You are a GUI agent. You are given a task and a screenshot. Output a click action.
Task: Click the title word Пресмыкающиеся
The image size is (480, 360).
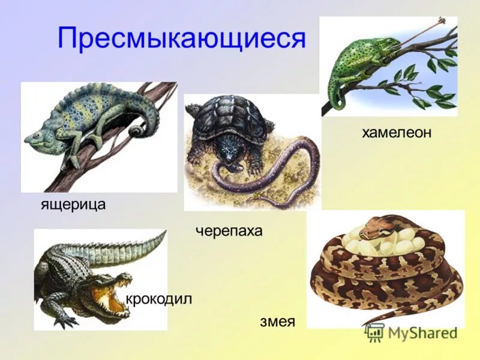(x=182, y=39)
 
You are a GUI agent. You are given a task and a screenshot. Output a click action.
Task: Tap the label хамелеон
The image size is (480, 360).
(x=397, y=133)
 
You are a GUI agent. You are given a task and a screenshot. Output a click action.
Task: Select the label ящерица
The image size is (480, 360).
(x=73, y=204)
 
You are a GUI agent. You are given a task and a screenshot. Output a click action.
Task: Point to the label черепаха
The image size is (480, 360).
(x=229, y=231)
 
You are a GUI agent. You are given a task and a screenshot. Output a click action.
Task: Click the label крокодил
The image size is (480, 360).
(x=158, y=299)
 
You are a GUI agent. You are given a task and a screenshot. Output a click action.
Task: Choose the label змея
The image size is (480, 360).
(x=277, y=321)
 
